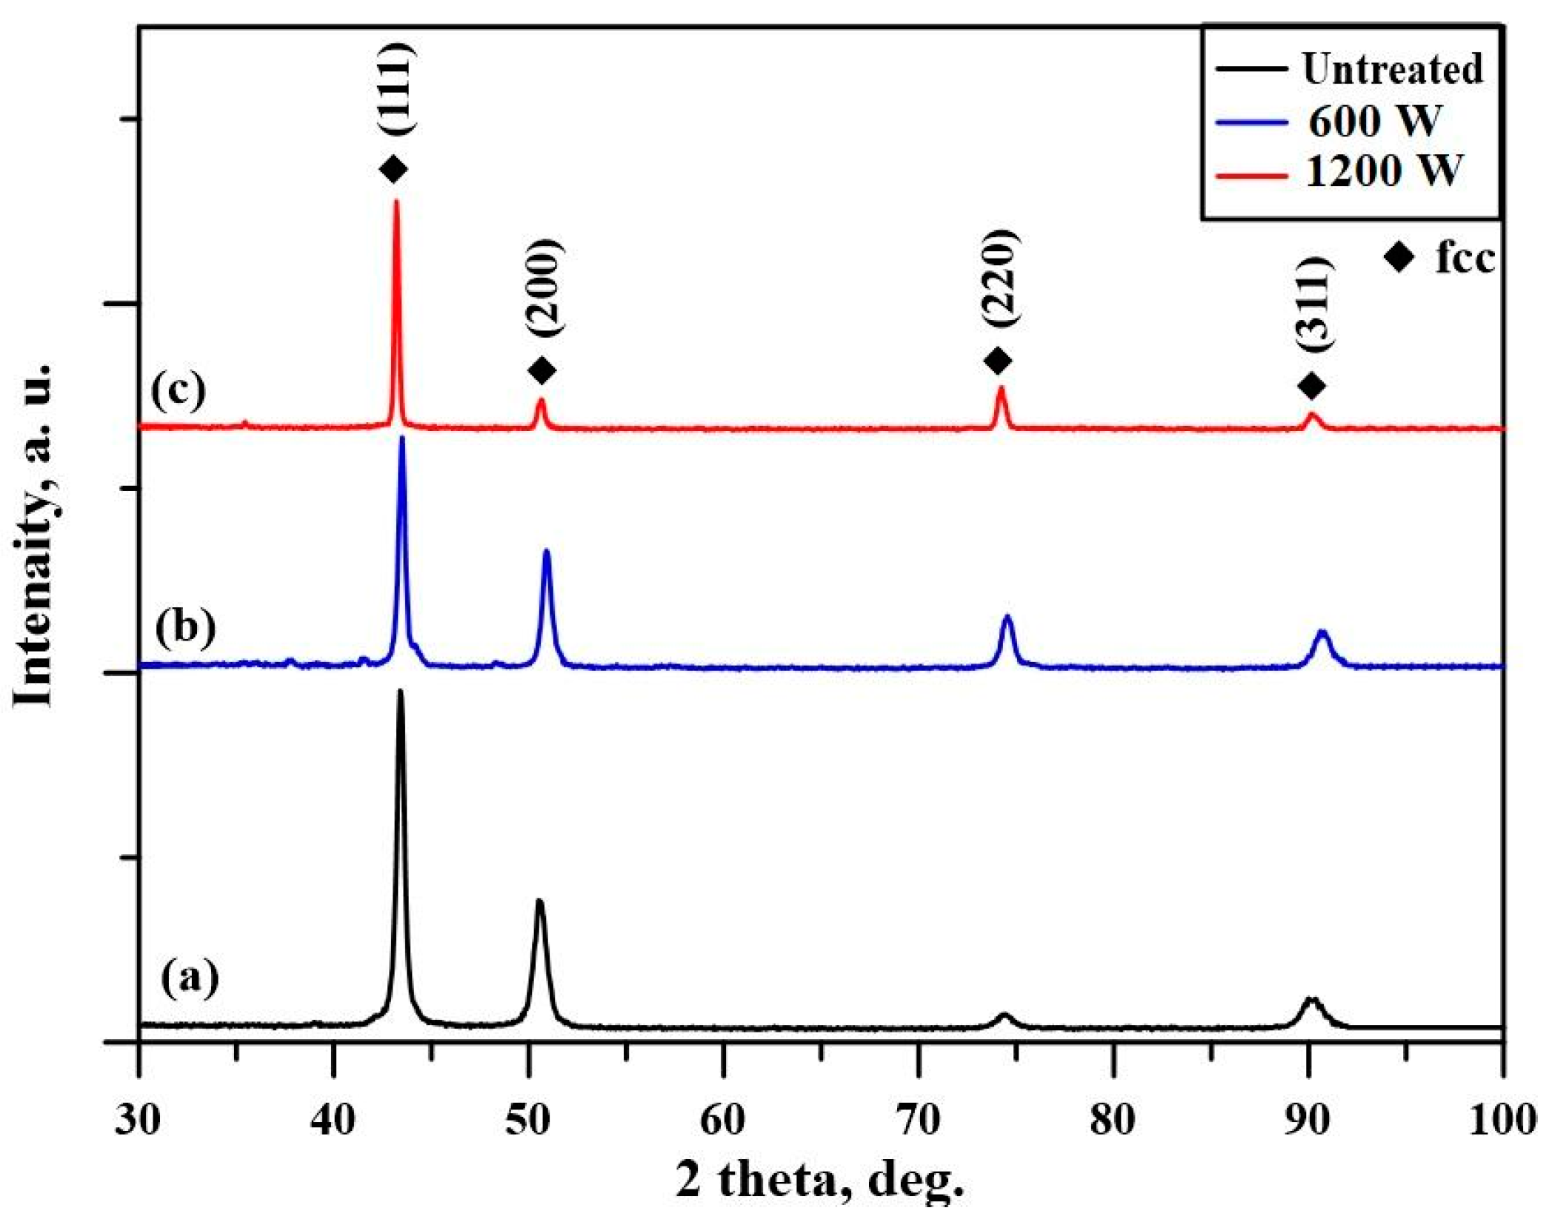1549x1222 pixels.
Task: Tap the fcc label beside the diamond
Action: pyautogui.click(x=1465, y=258)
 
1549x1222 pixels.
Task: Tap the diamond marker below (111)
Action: pyautogui.click(x=393, y=169)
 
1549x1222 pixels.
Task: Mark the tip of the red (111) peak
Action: pyautogui.click(x=396, y=201)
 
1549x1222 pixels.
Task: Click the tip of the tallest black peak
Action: pyautogui.click(x=401, y=691)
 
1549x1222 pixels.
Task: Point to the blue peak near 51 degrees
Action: pyautogui.click(x=547, y=551)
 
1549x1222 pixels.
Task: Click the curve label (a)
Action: pyautogui.click(x=190, y=977)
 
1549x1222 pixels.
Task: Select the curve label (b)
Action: pyautogui.click(x=185, y=627)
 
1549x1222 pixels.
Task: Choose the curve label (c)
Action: pyautogui.click(x=179, y=390)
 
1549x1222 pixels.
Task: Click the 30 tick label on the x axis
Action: pyautogui.click(x=139, y=1119)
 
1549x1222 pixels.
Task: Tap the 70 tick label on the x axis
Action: pyautogui.click(x=919, y=1119)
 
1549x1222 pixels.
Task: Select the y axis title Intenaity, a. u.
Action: pyautogui.click(x=35, y=535)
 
